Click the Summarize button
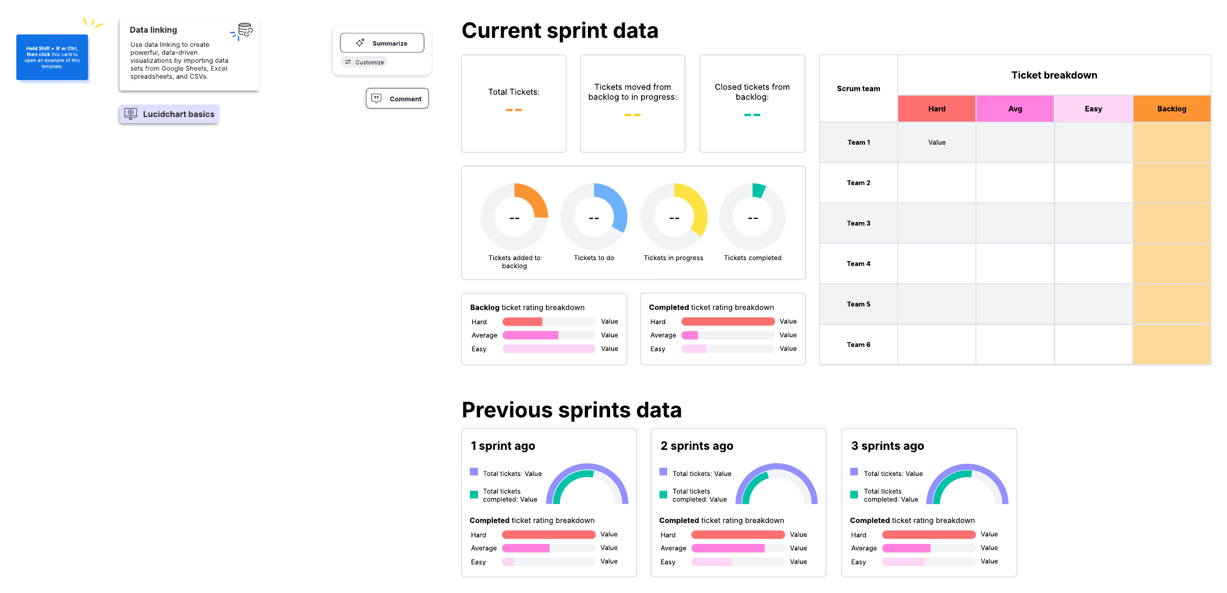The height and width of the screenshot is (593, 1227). (x=382, y=43)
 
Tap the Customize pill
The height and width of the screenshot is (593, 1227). (x=364, y=62)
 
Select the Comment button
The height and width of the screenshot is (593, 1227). (x=397, y=99)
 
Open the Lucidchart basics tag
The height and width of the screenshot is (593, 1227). (x=169, y=114)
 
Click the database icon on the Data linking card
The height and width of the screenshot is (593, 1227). (x=245, y=30)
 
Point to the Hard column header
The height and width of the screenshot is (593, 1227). (x=937, y=109)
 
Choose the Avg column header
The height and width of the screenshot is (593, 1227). (x=1015, y=109)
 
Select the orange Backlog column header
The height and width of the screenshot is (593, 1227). (x=1171, y=109)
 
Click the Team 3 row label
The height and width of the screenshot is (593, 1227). (x=858, y=223)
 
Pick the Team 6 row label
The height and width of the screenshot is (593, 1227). (x=858, y=345)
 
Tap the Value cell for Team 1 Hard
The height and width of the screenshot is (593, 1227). (x=937, y=143)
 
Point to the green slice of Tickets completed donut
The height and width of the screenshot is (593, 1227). (x=758, y=190)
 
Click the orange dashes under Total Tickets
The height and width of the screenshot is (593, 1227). (x=514, y=110)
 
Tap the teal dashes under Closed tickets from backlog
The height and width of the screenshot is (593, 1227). (x=752, y=115)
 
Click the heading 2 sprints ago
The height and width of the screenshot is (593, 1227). (x=697, y=446)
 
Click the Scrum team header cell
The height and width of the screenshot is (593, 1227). (x=858, y=88)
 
